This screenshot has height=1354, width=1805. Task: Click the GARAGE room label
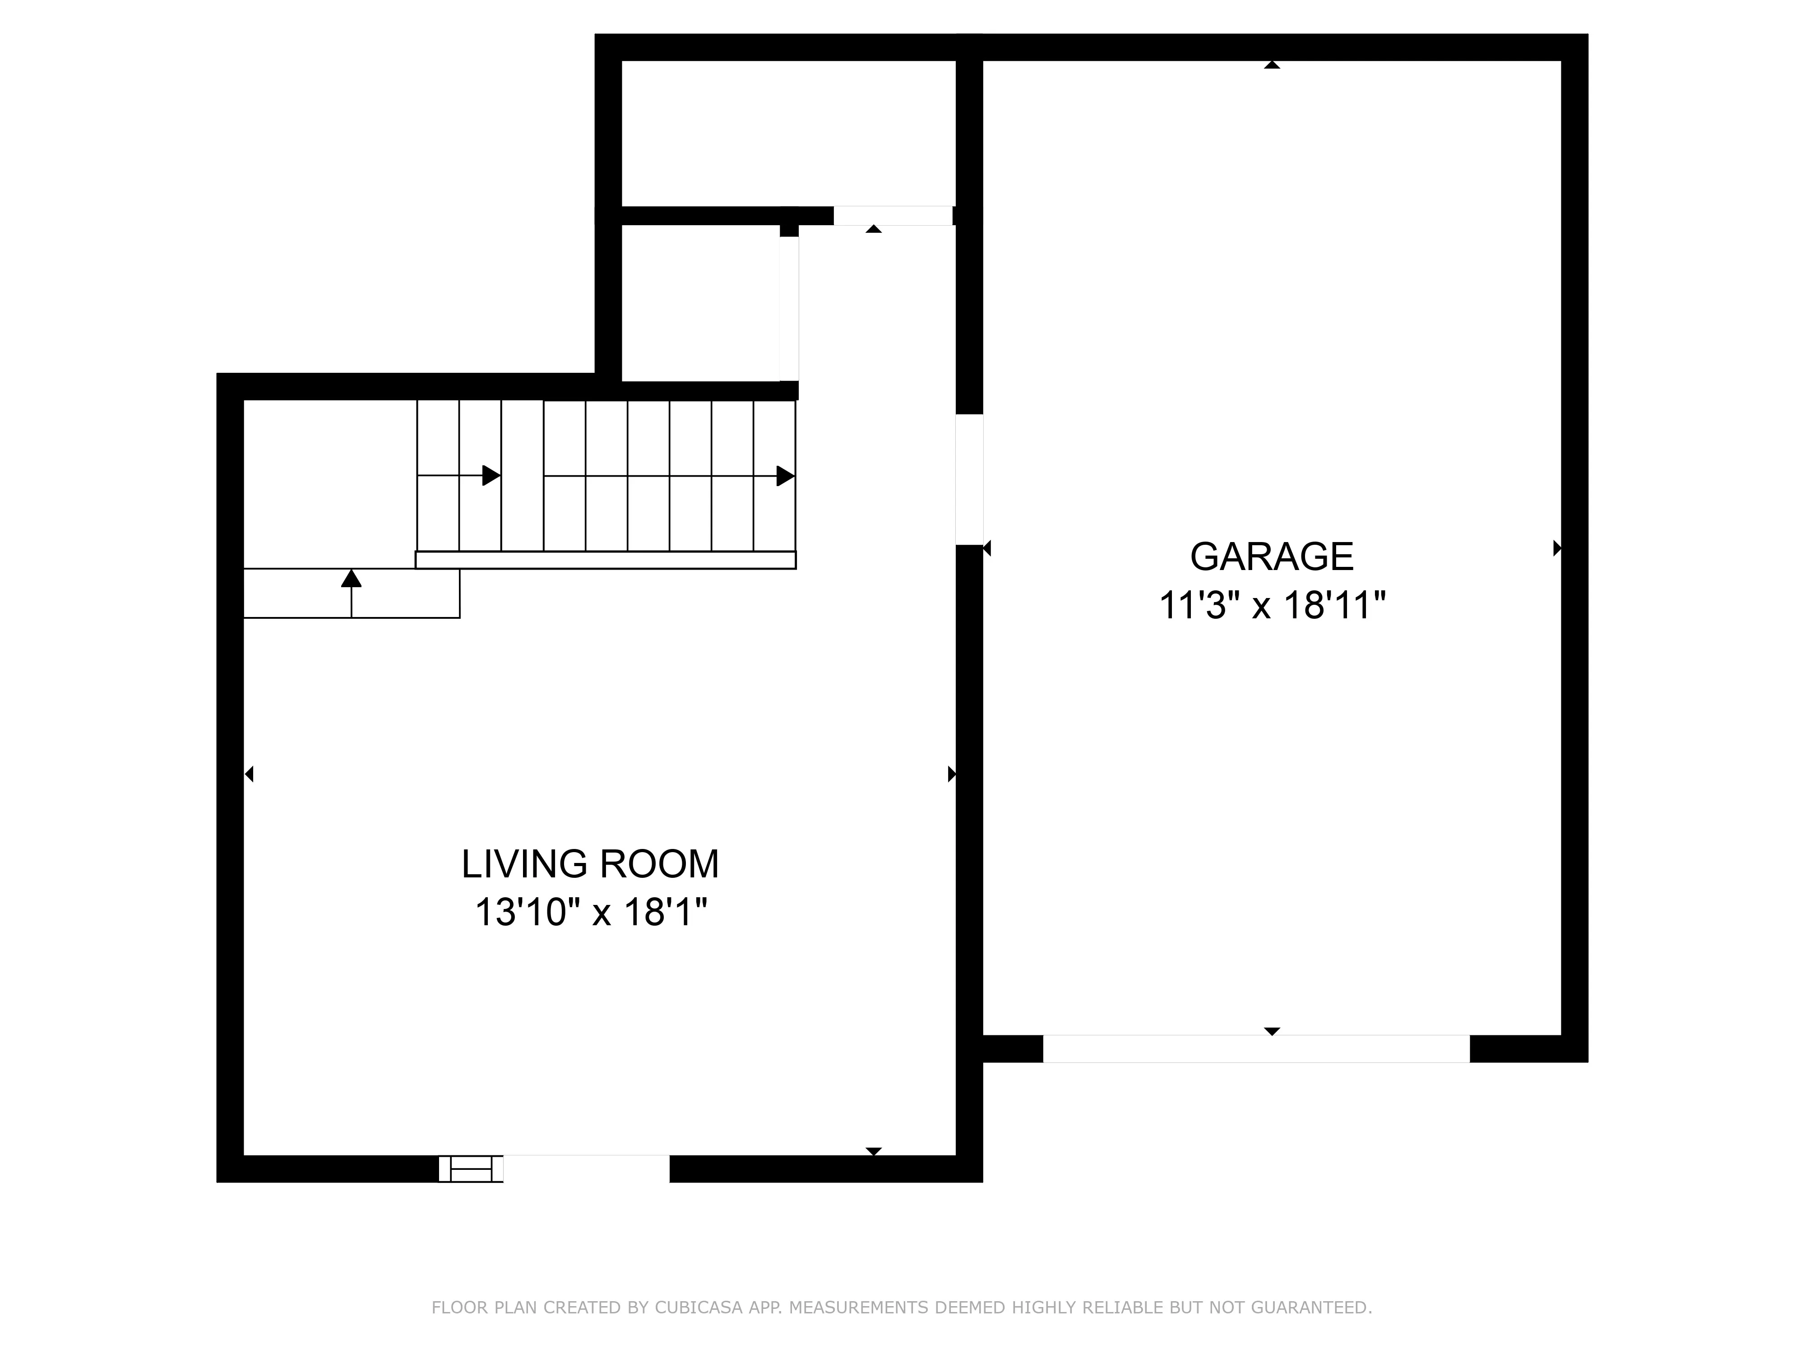(1271, 556)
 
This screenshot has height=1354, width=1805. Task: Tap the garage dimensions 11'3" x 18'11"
(1271, 607)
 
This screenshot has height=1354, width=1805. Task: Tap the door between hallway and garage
(969, 479)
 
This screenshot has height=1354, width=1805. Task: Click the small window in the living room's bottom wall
(471, 1169)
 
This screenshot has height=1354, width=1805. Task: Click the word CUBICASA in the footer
(698, 1262)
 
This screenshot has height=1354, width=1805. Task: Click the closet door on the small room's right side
(788, 309)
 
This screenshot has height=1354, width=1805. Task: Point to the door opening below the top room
(892, 215)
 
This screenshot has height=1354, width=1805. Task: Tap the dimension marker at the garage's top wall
(1271, 65)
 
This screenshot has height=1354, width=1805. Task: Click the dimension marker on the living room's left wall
(250, 774)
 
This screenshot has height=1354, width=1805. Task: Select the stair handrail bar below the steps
(606, 560)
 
